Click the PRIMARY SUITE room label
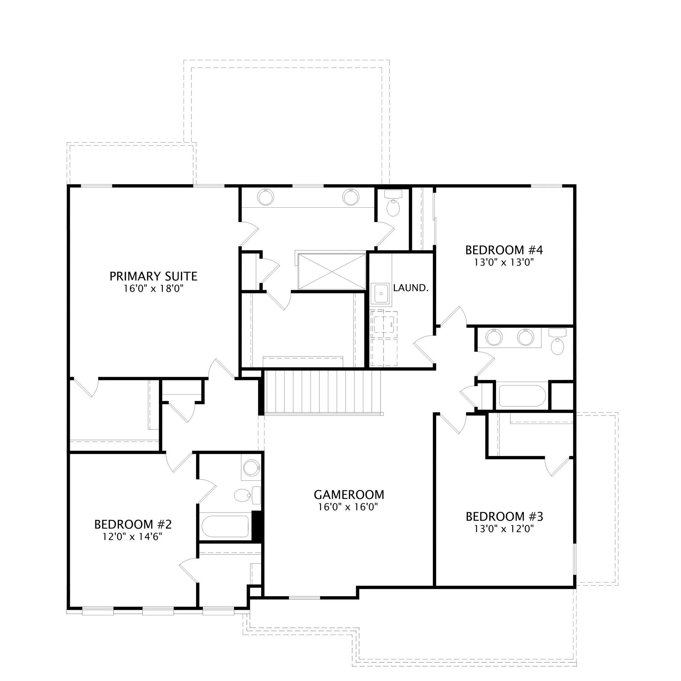[x=153, y=276]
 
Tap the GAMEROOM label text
[x=349, y=495]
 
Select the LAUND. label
[x=411, y=288]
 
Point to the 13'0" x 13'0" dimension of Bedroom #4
[x=504, y=262]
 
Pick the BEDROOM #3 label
[x=504, y=517]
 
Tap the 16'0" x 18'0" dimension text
[x=154, y=289]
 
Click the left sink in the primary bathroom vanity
[x=266, y=197]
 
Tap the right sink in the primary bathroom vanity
[x=351, y=197]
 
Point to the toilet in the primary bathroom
[x=393, y=204]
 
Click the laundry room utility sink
[x=381, y=294]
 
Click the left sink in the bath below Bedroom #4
[x=494, y=337]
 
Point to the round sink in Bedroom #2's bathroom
[x=251, y=468]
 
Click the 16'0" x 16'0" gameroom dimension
[x=348, y=507]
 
